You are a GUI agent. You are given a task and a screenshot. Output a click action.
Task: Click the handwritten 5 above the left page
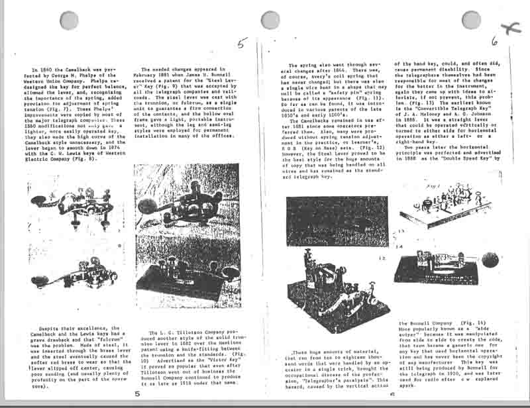(x=241, y=44)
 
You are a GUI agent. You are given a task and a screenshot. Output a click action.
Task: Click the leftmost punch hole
(x=69, y=21)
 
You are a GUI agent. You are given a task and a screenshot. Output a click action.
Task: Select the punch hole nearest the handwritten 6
(x=471, y=20)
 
